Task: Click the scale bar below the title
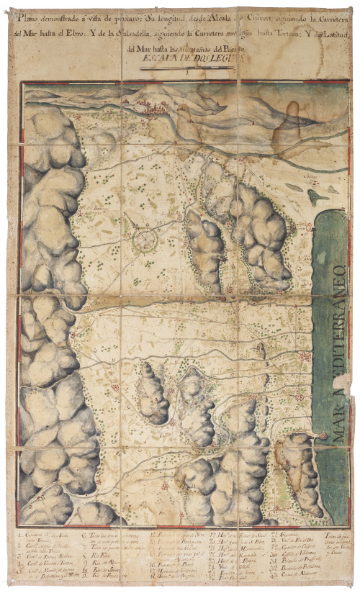pyautogui.click(x=183, y=69)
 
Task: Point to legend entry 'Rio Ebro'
pyautogui.click(x=102, y=555)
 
